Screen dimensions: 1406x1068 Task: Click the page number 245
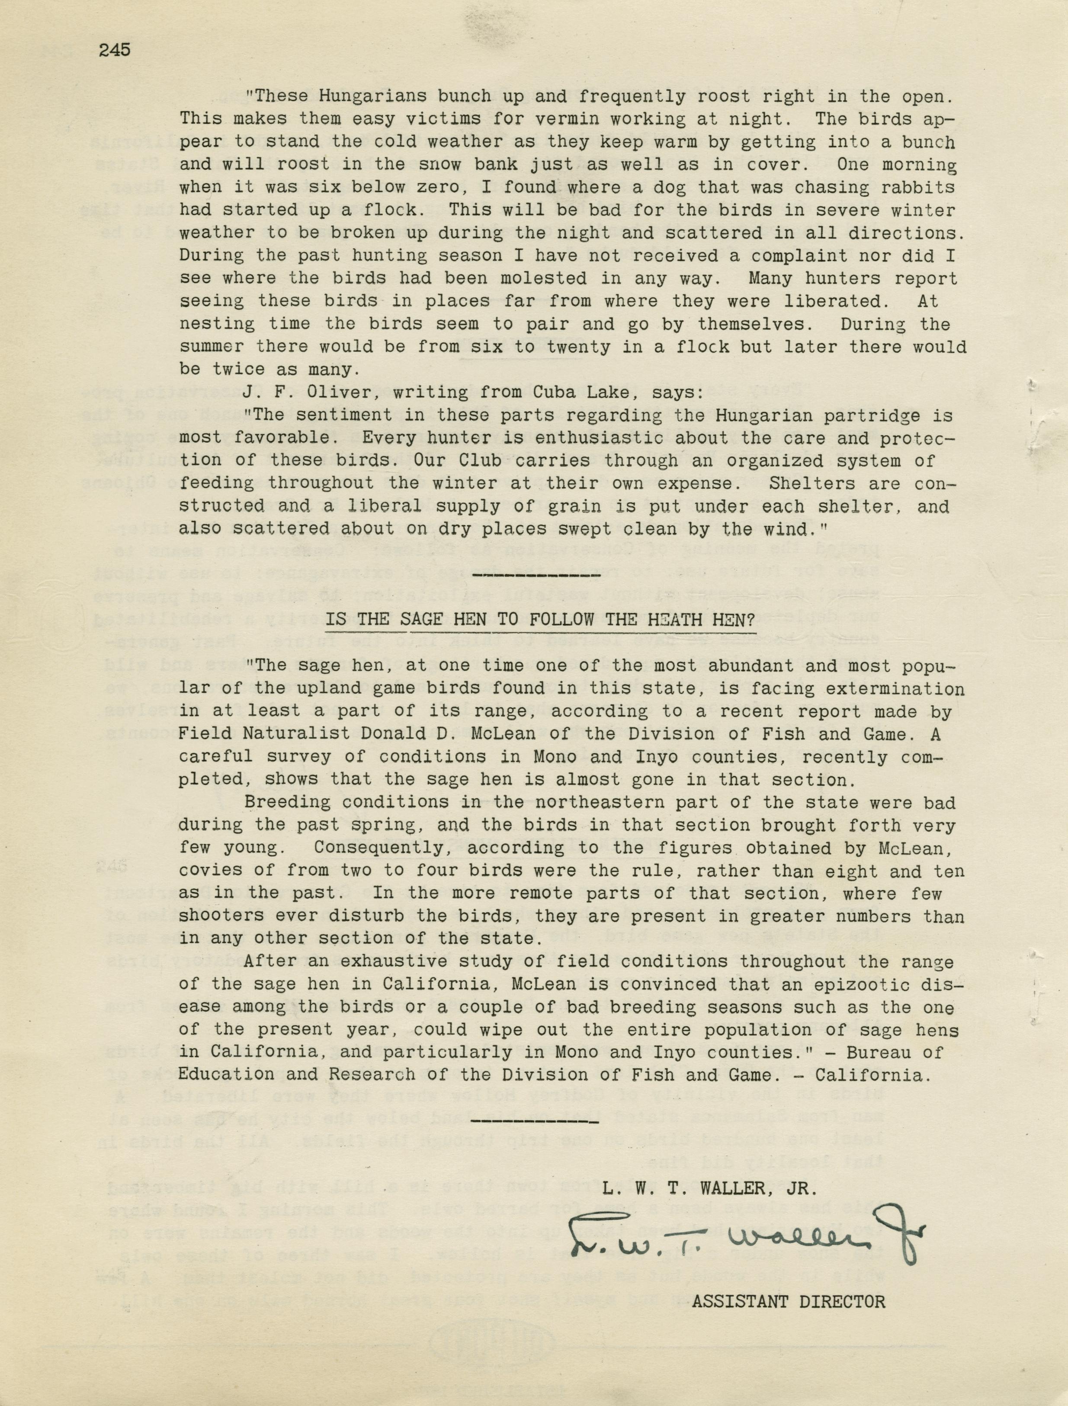pos(115,50)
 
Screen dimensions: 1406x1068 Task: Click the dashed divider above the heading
pos(538,576)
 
